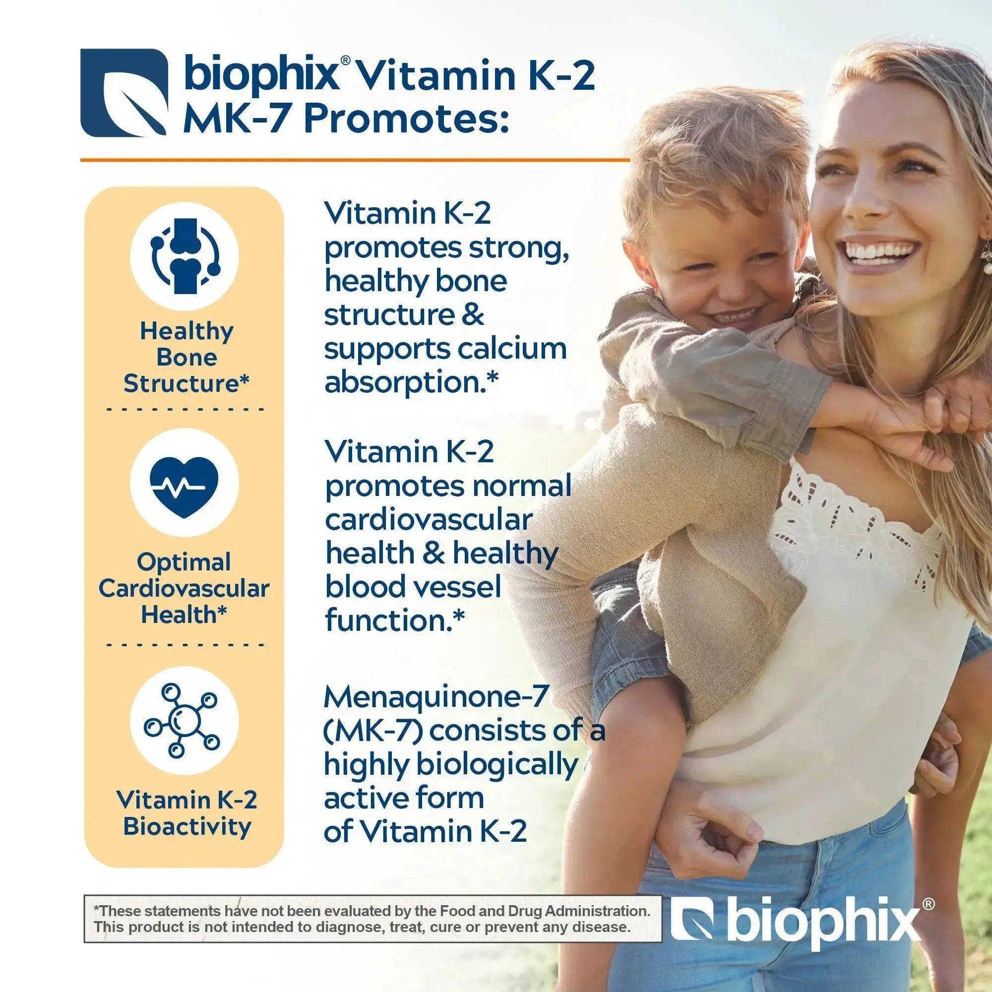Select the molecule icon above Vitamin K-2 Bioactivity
182,720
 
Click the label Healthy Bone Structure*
186,357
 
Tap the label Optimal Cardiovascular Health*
184,588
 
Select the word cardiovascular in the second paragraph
429,520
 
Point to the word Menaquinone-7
436,697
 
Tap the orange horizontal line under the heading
355,160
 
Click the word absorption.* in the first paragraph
411,383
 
